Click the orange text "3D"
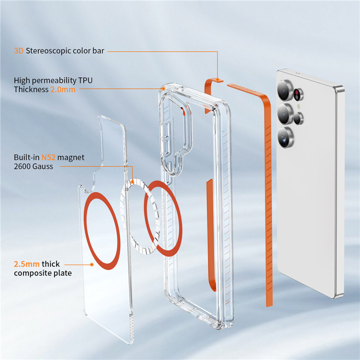click(19, 51)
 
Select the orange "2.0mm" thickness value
click(63, 89)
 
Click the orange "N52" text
click(48, 157)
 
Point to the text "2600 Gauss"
click(33, 166)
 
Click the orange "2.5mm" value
click(27, 264)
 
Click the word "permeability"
click(54, 81)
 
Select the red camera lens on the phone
click(298, 94)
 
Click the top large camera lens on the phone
click(285, 90)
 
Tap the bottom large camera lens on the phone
click(285, 137)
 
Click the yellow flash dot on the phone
click(299, 106)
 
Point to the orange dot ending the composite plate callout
click(92, 265)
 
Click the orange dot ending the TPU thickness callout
click(163, 88)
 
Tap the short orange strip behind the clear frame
click(210, 234)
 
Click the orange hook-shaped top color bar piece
click(207, 92)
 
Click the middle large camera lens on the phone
click(285, 114)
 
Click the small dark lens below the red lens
click(298, 118)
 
